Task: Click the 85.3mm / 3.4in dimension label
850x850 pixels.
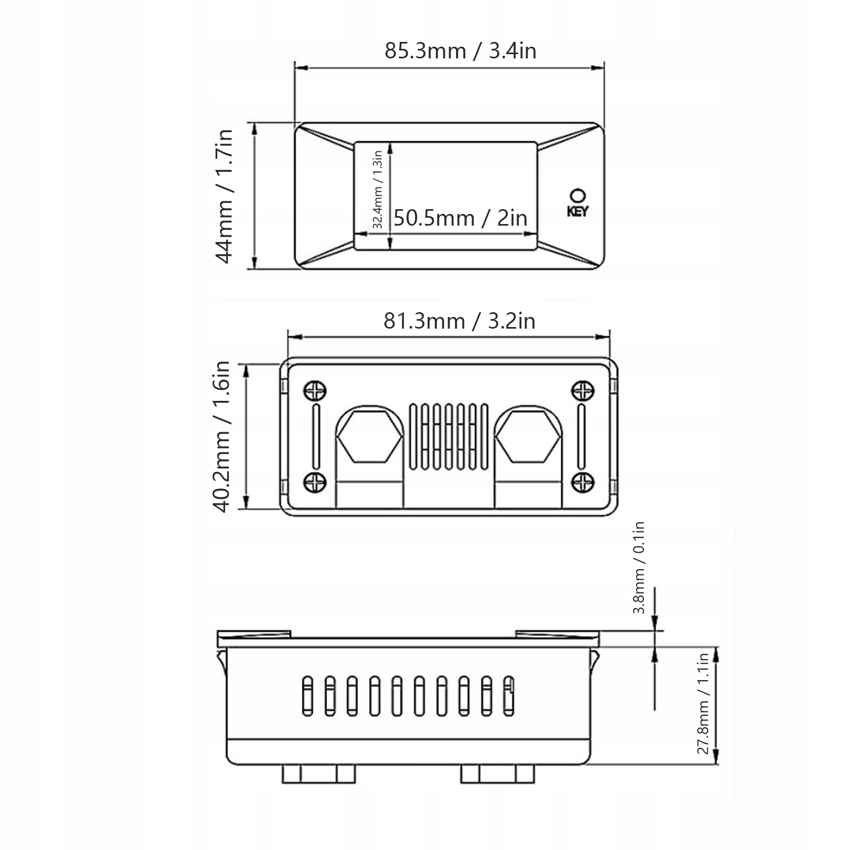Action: (460, 51)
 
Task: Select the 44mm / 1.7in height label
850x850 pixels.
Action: (224, 196)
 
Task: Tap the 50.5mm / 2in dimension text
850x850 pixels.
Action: (460, 218)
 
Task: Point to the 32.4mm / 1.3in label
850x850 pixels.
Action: (377, 190)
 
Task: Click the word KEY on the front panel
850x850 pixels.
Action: (577, 211)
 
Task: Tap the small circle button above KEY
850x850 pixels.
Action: (577, 195)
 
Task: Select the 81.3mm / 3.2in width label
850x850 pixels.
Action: (459, 321)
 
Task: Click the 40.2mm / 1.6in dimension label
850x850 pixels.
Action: (222, 436)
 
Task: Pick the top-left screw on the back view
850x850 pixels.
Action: (315, 391)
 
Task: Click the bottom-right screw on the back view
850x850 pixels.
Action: (582, 482)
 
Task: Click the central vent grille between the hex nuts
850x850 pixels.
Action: (449, 437)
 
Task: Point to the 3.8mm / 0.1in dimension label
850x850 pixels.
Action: (639, 568)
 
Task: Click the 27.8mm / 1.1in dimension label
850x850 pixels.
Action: (703, 703)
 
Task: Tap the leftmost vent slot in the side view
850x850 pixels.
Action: (307, 696)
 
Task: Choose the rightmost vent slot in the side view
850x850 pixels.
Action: (509, 696)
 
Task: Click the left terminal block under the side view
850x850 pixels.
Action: (319, 774)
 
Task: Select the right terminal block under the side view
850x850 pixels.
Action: (497, 774)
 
